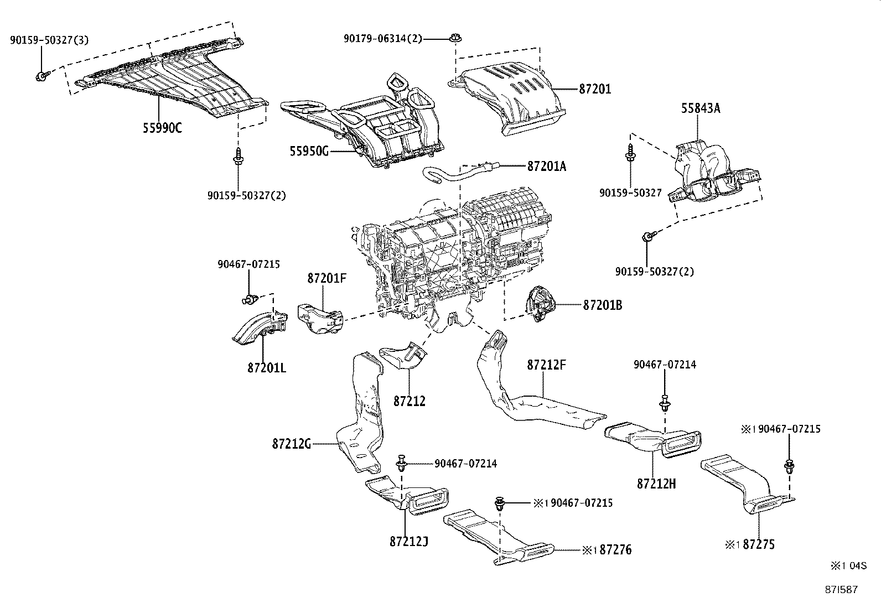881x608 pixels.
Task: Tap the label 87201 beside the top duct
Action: tap(595, 89)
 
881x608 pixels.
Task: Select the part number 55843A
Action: tap(700, 108)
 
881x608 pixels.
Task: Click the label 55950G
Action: tap(308, 150)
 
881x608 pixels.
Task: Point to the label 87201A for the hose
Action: tap(546, 165)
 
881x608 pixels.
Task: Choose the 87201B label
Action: tap(602, 305)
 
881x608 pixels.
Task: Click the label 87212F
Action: tap(547, 365)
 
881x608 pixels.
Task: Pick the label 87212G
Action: tap(292, 443)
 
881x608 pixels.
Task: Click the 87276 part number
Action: tap(615, 550)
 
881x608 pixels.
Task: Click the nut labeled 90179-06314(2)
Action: tap(455, 38)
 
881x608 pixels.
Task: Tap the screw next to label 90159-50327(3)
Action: tap(41, 75)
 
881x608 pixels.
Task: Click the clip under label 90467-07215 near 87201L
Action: tap(249, 300)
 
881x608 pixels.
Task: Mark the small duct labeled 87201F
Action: tap(321, 320)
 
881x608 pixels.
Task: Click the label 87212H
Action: tap(656, 484)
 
